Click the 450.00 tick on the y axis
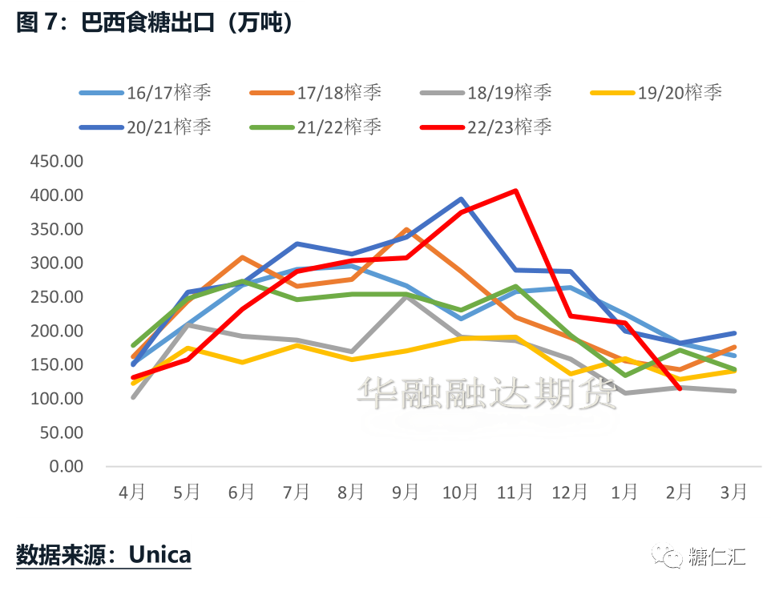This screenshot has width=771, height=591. tap(56, 162)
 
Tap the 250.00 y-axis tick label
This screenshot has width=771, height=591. tap(56, 297)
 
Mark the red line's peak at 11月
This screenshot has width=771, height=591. tap(515, 191)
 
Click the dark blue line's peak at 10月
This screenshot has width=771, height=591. tap(461, 199)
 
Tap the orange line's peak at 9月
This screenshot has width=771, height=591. tap(406, 230)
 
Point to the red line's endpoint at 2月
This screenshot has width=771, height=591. tap(680, 388)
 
